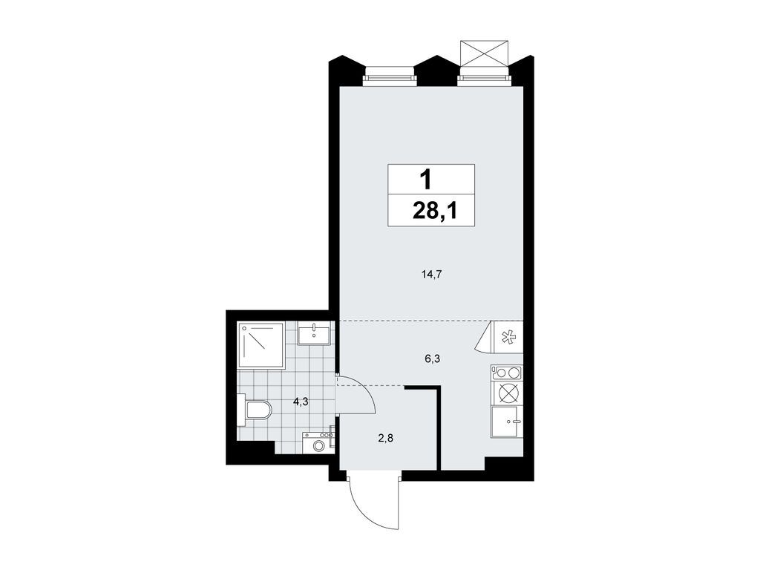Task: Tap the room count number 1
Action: point(426,179)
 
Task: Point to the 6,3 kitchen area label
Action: point(433,358)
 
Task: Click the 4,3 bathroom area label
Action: point(301,402)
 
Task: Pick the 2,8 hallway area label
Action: point(386,438)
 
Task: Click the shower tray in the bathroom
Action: point(261,344)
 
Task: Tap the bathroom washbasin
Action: point(317,333)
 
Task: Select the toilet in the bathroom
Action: point(255,410)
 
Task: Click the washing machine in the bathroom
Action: point(318,443)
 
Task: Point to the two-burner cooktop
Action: point(506,373)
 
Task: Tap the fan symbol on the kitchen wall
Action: point(508,338)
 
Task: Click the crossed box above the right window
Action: point(484,53)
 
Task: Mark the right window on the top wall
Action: point(484,75)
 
